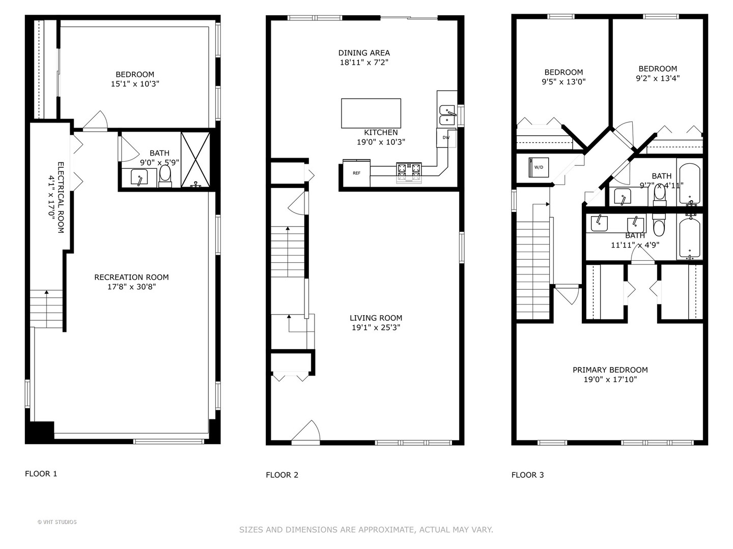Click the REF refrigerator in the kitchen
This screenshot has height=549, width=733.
356,173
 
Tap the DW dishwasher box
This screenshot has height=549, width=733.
446,138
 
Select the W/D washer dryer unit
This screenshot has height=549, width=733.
538,167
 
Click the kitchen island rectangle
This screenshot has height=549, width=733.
371,113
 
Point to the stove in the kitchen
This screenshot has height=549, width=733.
409,172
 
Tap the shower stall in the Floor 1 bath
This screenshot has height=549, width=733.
195,159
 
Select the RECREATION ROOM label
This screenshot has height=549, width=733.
131,277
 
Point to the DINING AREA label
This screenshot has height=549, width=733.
364,53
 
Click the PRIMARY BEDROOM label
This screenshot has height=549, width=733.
610,370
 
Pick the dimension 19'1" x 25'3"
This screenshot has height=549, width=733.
376,328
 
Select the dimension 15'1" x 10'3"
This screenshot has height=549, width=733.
135,84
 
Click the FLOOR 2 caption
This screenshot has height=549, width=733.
282,475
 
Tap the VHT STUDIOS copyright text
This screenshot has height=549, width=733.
57,522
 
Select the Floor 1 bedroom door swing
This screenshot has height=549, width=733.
95,121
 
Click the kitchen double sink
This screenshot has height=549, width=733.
447,115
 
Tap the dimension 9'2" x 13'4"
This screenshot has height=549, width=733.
658,78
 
